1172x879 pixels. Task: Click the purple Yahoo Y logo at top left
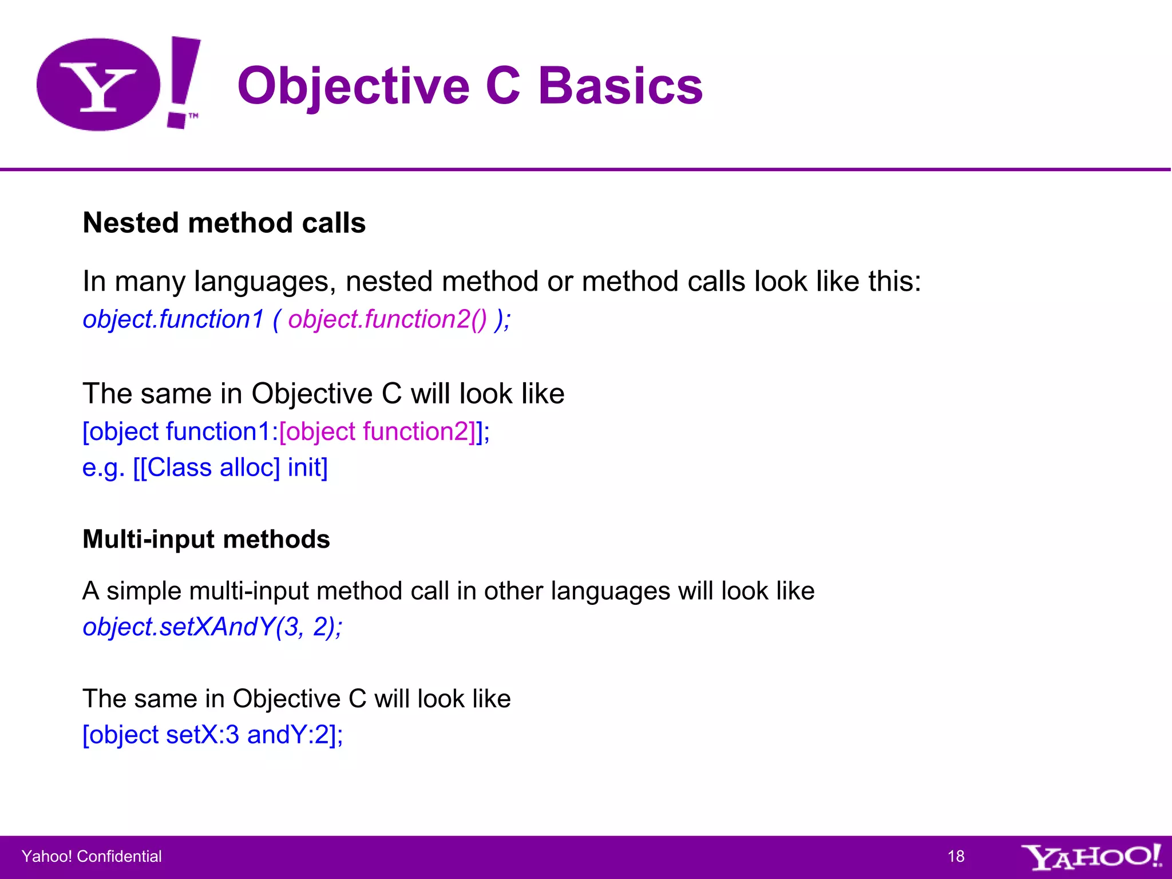click(x=98, y=85)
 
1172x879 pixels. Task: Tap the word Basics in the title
click(x=620, y=86)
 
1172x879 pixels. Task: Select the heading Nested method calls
click(x=224, y=223)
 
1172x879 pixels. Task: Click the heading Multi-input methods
click(x=206, y=539)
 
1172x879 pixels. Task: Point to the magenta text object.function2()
click(x=387, y=319)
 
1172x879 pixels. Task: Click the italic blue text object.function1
click(x=173, y=319)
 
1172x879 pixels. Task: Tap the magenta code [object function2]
click(x=377, y=431)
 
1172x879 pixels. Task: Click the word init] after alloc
click(x=307, y=468)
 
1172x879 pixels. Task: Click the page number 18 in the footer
click(x=956, y=856)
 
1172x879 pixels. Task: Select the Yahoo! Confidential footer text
click(x=92, y=856)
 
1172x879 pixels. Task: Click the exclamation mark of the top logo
click(x=183, y=80)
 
